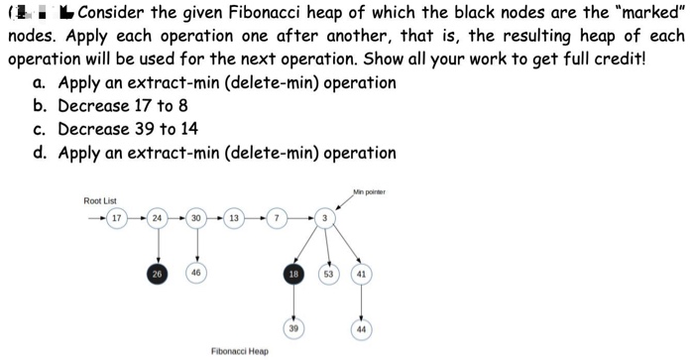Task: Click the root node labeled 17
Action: pos(116,217)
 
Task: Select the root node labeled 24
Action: pos(157,217)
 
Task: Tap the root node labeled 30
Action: pos(196,217)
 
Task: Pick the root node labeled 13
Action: pos(234,217)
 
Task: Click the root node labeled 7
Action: pos(279,217)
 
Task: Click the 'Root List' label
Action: pos(99,201)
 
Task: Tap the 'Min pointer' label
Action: pos(368,190)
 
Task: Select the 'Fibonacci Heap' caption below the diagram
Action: pos(239,350)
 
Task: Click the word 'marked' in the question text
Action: pos(646,14)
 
